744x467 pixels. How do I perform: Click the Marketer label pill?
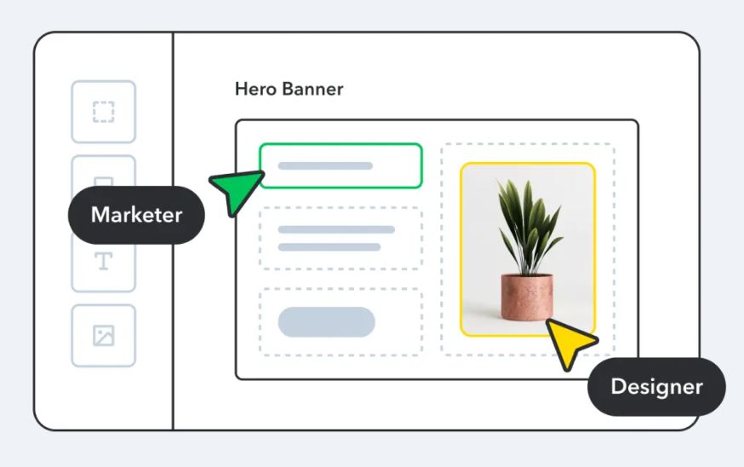[x=136, y=215]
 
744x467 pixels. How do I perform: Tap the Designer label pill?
[x=656, y=387]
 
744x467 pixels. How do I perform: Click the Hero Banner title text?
[x=289, y=89]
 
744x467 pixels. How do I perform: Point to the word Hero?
[x=255, y=89]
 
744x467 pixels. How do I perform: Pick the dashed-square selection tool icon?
[x=103, y=112]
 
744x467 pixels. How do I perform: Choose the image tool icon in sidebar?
[x=103, y=336]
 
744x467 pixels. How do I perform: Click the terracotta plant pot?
[x=526, y=297]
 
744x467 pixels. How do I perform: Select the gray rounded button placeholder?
[x=326, y=322]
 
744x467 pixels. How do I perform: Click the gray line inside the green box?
[x=325, y=165]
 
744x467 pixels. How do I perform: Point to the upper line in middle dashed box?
[x=336, y=229]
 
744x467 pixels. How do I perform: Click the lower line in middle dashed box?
[x=329, y=247]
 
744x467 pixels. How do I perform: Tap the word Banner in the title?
[x=315, y=89]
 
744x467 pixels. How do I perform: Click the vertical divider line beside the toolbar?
[x=173, y=341]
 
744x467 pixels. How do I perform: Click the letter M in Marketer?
[x=100, y=215]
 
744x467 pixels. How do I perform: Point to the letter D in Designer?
[x=618, y=387]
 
